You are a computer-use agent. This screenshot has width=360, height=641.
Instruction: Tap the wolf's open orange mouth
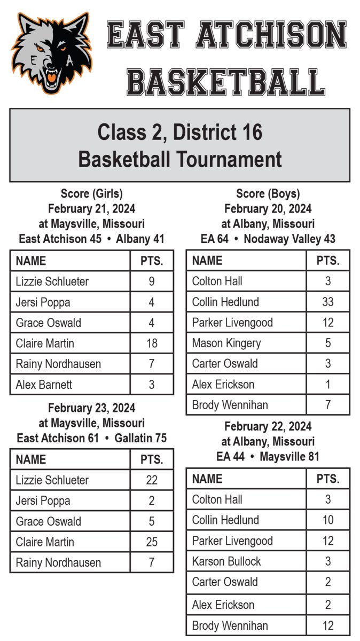[x=52, y=79]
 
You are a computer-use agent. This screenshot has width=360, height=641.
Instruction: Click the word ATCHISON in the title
[x=271, y=35]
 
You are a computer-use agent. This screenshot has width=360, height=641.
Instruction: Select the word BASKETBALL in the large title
[x=226, y=82]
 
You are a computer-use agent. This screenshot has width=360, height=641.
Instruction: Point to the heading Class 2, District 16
[x=180, y=131]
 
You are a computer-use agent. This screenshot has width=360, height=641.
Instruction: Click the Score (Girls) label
[x=91, y=194]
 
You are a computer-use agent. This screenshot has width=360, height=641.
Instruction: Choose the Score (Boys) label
[x=268, y=194]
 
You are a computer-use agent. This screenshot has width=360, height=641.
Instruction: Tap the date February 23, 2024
[x=91, y=408]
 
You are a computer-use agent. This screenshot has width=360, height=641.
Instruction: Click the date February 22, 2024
[x=268, y=426]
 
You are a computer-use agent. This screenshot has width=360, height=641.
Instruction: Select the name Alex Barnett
[x=44, y=385]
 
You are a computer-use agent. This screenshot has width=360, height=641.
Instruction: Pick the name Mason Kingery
[x=226, y=343]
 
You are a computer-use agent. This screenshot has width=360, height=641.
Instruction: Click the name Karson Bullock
[x=226, y=561]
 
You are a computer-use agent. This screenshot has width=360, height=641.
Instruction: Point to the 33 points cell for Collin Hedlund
[x=328, y=302]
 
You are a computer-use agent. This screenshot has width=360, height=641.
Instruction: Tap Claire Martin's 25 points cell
[x=152, y=542]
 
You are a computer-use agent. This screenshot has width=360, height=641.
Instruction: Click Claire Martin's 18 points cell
[x=152, y=343]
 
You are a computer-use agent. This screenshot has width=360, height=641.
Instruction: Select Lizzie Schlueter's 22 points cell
[x=152, y=480]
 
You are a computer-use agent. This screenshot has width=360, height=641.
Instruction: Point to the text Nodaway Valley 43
[x=289, y=239]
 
